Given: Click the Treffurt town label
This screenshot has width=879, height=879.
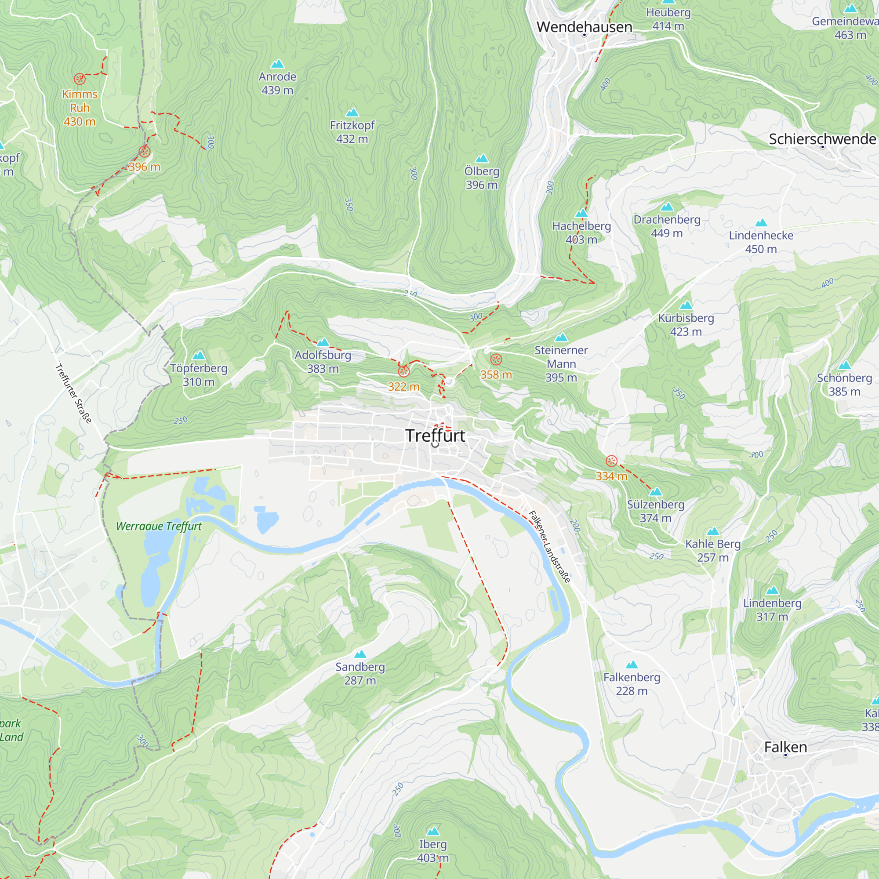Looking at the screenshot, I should pos(435,436).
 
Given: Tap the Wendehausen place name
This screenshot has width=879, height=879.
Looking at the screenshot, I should pos(584,27).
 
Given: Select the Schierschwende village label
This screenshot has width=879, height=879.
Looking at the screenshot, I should pos(822,139).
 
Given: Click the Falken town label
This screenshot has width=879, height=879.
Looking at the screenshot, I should pos(786,747).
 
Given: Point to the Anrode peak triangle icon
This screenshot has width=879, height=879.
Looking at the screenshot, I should pos(277,64).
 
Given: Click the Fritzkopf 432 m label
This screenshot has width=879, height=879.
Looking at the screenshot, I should pos(352,132).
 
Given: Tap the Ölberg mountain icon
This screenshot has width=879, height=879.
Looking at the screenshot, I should pos(482,158).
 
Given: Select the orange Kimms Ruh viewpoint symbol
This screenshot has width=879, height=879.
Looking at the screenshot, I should pos(80,79).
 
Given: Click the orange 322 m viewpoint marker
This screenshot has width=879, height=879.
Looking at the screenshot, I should pos(403,372).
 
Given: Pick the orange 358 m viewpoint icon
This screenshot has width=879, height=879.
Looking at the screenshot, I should pos(496,360).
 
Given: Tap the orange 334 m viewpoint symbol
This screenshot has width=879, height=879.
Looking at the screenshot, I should pos(611,461).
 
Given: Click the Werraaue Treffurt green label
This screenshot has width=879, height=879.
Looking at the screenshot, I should pos(159,527).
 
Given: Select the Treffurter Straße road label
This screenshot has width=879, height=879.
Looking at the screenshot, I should pos(73,393).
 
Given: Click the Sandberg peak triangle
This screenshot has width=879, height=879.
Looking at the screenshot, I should pos(360,654).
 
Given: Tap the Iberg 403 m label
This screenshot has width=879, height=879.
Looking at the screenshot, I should pos(432,851).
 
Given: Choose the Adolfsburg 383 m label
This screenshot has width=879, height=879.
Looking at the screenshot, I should pos(323,362).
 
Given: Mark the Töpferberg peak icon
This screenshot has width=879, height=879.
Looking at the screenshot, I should pos(199,355).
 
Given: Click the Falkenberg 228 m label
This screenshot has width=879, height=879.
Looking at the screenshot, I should pos(632,684).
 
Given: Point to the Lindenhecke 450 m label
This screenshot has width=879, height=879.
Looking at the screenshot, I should pos(761,242).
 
